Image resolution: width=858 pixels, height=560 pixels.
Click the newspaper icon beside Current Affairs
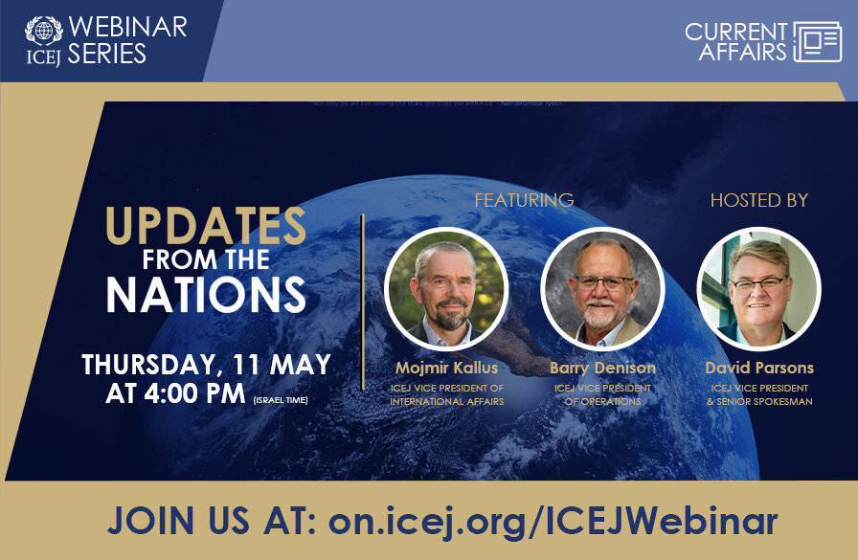coord(817,42)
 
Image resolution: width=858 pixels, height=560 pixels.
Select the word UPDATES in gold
coord(206,226)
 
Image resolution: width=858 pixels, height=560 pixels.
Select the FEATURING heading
coord(524,200)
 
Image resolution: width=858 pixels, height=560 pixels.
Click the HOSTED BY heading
coord(758,200)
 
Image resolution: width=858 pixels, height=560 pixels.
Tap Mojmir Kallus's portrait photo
coord(445,287)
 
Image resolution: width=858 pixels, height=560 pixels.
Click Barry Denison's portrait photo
coord(602,287)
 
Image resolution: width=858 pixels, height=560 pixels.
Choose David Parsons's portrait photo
coord(758,287)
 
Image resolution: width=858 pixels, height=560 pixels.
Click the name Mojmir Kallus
coord(446,368)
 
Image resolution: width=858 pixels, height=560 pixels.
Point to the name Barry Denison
coord(602,368)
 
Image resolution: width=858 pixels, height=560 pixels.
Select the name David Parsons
coord(758,368)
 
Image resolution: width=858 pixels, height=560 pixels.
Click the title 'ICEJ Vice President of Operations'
coord(602,394)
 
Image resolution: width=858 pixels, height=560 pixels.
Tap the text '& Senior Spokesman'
coord(758,401)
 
